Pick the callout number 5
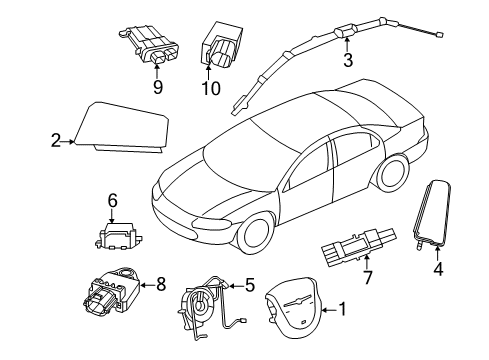coord(250,285)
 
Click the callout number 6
coord(113,199)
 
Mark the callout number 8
coord(161,286)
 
